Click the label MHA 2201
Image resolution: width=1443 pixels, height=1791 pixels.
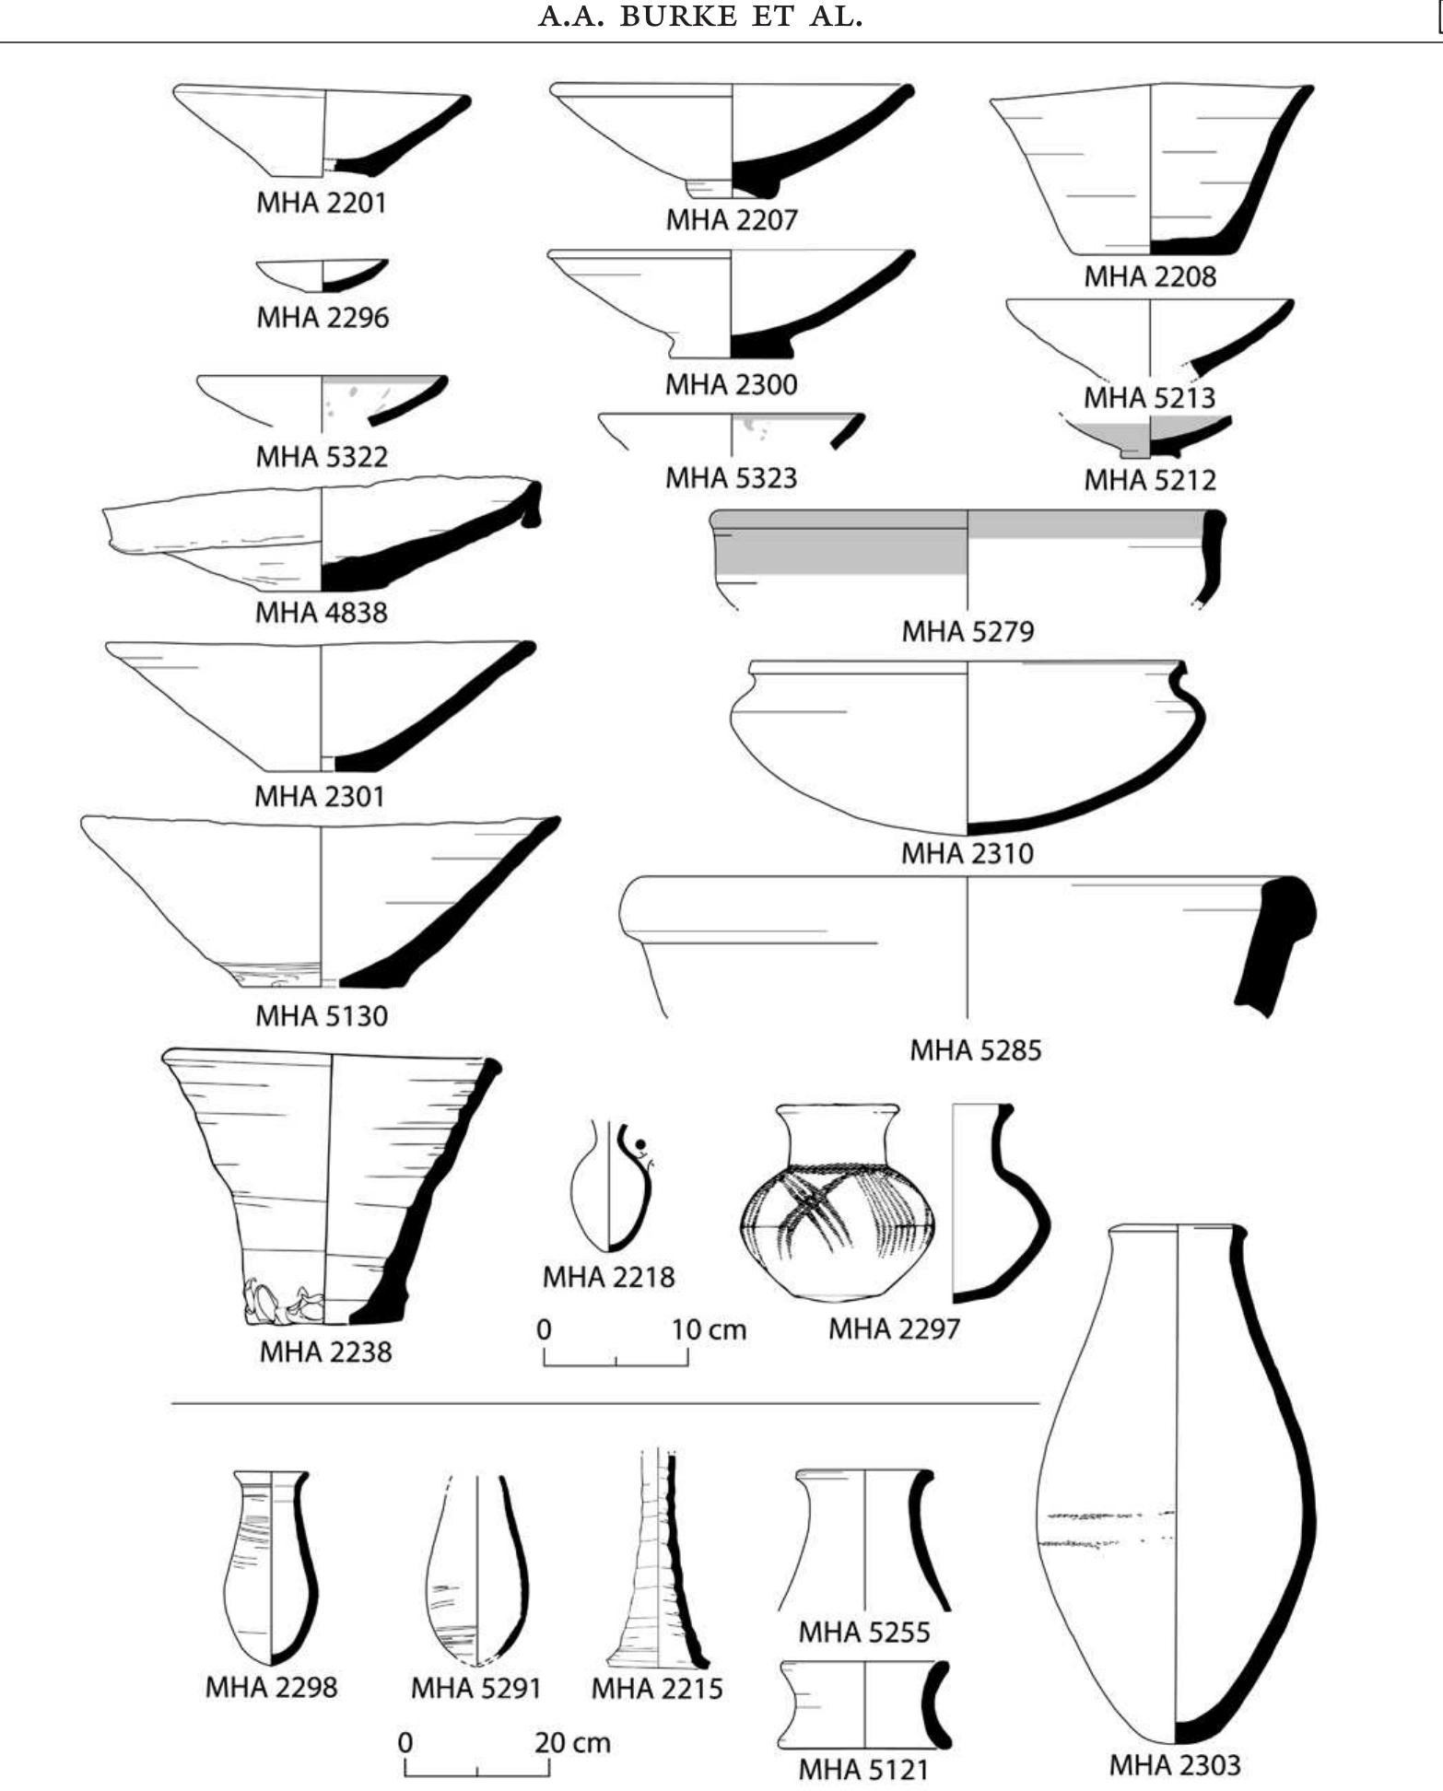(321, 203)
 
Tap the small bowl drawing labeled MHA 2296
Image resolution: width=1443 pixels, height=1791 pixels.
(323, 275)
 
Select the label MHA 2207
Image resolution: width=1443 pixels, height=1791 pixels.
(731, 219)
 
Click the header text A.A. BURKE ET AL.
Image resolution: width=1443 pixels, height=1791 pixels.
(700, 18)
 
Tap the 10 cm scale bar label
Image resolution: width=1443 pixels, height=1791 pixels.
(707, 1329)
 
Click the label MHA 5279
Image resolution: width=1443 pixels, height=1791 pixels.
(967, 631)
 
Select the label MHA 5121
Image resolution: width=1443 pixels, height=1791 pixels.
(863, 1769)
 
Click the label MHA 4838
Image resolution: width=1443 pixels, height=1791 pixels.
(321, 612)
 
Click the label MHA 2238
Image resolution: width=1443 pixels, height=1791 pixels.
(325, 1352)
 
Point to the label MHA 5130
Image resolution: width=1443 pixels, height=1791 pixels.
(321, 1015)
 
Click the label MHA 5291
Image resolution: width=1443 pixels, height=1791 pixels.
(475, 1688)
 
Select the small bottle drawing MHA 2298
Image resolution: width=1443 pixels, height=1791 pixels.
(271, 1566)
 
